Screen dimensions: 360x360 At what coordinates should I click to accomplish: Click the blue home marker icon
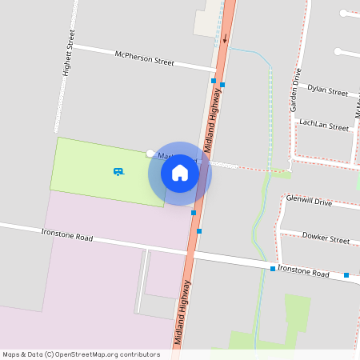[180, 173]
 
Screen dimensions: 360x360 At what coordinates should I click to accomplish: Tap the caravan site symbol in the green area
[118, 171]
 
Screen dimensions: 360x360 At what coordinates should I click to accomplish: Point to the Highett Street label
[69, 54]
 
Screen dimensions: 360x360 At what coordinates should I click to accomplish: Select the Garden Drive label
[296, 90]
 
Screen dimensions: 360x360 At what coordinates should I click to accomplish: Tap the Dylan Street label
[328, 90]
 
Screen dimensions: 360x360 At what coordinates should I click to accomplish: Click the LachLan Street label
[323, 126]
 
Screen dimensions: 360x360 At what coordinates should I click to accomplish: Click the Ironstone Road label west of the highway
[67, 235]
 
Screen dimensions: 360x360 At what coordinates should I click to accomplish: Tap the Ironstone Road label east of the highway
[303, 273]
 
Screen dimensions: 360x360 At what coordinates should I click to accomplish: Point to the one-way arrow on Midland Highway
[226, 38]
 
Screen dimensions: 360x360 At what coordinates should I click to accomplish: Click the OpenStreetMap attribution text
[81, 354]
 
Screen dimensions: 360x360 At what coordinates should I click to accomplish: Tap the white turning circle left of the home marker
[150, 153]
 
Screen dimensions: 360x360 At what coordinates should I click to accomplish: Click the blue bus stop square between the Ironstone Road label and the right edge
[346, 275]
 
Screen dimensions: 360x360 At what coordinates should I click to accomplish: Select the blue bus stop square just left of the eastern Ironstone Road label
[273, 269]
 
